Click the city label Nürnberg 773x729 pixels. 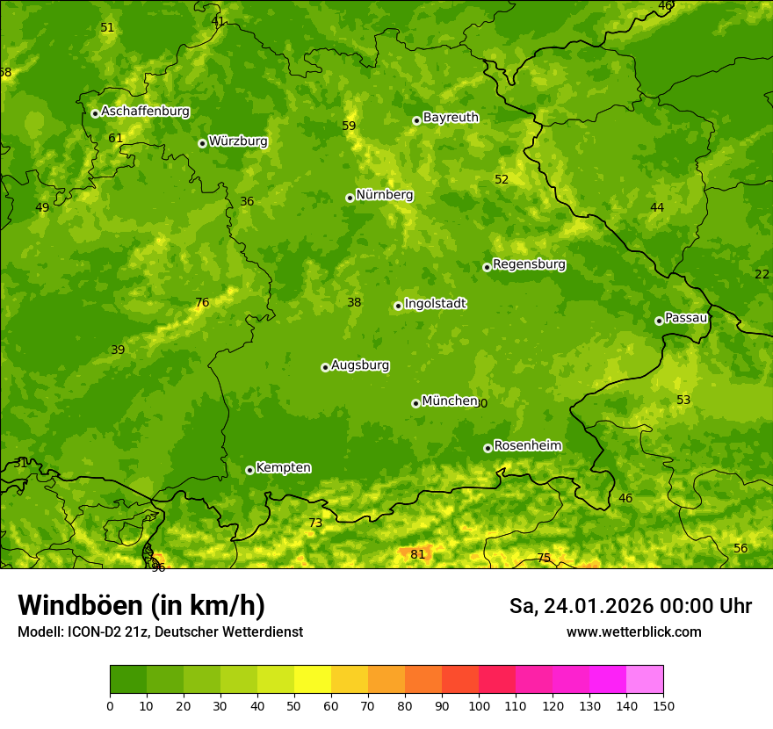tap(384, 195)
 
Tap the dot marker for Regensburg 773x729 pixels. tap(487, 267)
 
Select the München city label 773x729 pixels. tap(449, 401)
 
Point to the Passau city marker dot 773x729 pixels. tap(659, 321)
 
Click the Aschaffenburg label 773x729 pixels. tap(145, 112)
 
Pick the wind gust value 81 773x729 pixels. tap(418, 554)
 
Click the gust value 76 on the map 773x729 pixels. tap(202, 303)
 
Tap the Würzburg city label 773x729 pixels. tap(237, 141)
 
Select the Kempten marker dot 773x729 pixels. tap(249, 470)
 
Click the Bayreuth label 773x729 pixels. tap(451, 118)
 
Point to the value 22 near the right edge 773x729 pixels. tap(762, 275)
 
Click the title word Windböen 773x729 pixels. tap(80, 606)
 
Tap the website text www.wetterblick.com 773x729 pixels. tap(633, 632)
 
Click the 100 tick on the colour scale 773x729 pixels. tap(479, 705)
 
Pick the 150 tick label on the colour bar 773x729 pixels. tap(663, 705)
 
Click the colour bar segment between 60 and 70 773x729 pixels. tap(350, 679)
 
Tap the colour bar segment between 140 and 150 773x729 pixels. tap(645, 679)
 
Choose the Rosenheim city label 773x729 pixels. tap(527, 446)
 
